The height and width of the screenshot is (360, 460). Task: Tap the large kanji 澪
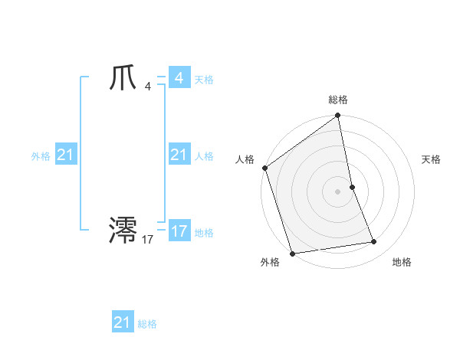[123, 230]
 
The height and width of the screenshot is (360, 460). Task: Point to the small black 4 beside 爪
[147, 87]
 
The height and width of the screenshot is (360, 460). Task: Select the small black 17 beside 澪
[147, 240]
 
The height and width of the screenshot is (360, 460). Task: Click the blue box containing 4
[179, 78]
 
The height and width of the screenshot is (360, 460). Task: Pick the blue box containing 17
[179, 231]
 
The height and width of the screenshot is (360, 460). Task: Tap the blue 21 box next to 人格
[179, 155]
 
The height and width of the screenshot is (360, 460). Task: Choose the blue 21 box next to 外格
[66, 155]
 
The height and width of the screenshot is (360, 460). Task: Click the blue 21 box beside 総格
[123, 322]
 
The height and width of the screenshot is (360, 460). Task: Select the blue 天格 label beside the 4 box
[204, 80]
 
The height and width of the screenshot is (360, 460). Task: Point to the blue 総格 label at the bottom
[147, 324]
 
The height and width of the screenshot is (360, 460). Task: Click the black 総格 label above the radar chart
[338, 100]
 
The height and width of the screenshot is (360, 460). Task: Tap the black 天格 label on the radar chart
[432, 159]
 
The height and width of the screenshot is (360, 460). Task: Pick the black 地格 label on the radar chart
[402, 262]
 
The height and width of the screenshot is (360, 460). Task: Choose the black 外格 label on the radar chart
[270, 262]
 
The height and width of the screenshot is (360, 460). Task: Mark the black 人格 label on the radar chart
[245, 159]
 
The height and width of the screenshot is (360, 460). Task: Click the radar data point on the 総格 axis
[338, 116]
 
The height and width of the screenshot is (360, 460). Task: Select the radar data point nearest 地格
[374, 242]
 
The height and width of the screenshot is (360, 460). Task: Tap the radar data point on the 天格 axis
[352, 187]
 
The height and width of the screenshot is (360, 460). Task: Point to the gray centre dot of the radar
[338, 191]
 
